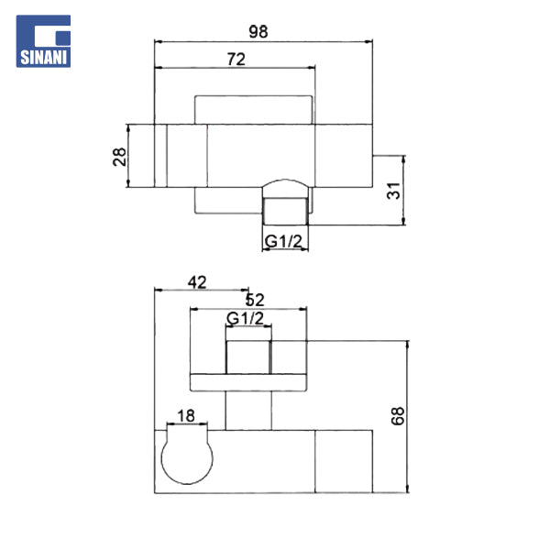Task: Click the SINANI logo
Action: click(43, 41)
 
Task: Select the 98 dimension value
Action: click(258, 31)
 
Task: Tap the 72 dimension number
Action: click(236, 59)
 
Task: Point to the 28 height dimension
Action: click(119, 157)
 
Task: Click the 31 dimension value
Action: click(393, 191)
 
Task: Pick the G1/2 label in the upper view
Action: click(283, 241)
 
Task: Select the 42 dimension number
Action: click(197, 282)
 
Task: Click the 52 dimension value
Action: click(255, 301)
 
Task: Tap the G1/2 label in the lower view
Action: click(245, 318)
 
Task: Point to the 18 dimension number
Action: click(186, 416)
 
